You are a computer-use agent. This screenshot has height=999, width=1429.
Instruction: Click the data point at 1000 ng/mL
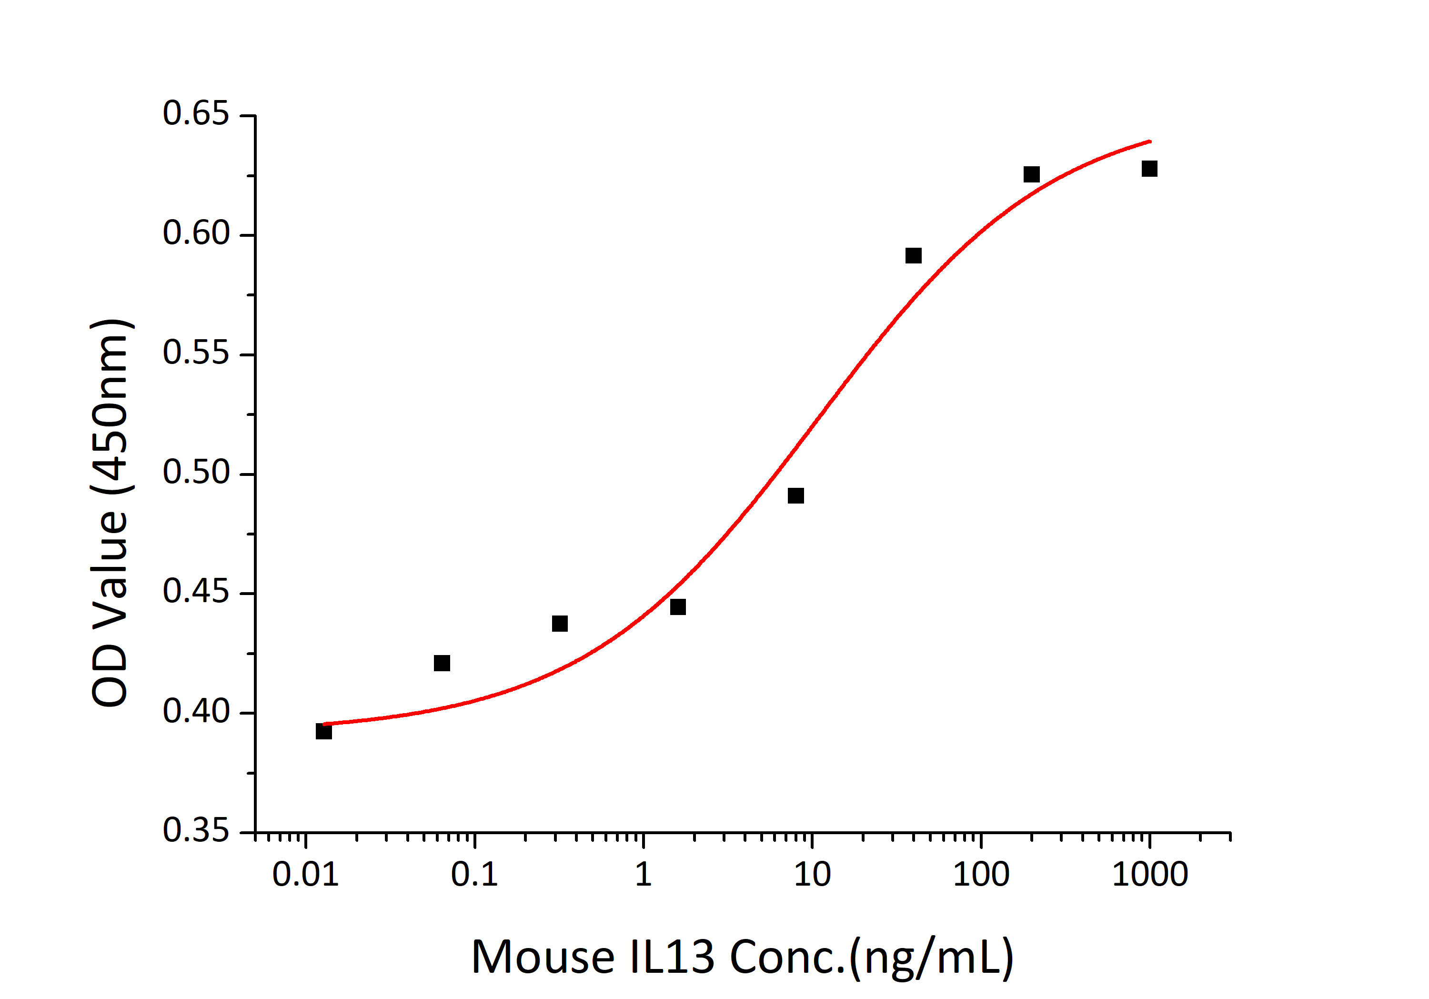click(1149, 169)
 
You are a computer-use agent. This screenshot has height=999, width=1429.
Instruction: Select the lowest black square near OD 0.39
click(323, 731)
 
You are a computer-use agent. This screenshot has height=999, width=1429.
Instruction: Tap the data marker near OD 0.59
click(913, 255)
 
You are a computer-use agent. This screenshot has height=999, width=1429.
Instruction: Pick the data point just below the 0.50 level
click(795, 495)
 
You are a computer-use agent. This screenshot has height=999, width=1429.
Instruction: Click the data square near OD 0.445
click(678, 607)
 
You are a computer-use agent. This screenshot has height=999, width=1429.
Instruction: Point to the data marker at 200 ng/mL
click(1031, 174)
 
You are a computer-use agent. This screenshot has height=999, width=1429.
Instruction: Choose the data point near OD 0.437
click(560, 623)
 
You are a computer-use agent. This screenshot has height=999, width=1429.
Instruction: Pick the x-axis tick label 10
click(812, 875)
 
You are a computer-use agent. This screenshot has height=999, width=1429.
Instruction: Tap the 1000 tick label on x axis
click(1149, 875)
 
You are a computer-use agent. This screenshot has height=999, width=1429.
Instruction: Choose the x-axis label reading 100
click(980, 875)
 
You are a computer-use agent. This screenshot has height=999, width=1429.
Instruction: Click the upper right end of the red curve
click(1149, 141)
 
